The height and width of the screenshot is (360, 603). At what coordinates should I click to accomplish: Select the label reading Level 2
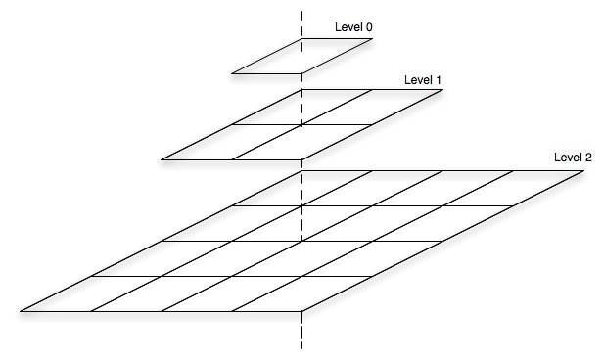(573, 157)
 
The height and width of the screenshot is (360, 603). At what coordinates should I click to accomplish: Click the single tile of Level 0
(301, 56)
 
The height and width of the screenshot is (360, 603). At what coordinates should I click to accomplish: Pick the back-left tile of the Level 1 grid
(286, 108)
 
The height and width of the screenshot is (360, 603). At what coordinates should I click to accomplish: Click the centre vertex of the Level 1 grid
(302, 124)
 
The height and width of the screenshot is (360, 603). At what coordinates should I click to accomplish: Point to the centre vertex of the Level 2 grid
(302, 241)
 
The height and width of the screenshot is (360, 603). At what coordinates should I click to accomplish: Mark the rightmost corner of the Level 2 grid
(584, 171)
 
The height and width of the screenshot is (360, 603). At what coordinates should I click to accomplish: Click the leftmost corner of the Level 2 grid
(21, 311)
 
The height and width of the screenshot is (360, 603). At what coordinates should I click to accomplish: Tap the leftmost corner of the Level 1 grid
(162, 158)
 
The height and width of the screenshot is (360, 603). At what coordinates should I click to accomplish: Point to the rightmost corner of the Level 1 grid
(442, 91)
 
